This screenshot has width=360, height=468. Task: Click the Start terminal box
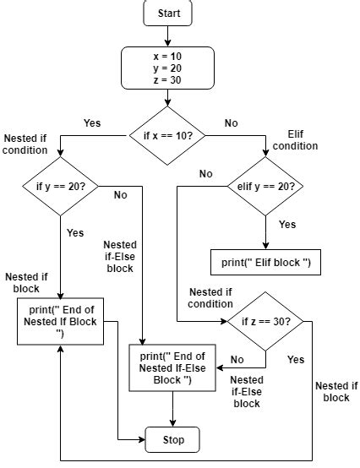coord(169,14)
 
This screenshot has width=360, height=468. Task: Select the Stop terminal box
coord(172,439)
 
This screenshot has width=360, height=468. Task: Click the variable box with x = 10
coord(169,68)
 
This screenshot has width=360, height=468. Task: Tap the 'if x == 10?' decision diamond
coord(169,134)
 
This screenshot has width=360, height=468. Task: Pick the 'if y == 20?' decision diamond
coord(62,186)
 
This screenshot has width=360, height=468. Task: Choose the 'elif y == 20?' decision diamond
coord(266,186)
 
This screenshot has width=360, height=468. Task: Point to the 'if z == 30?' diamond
coord(266,322)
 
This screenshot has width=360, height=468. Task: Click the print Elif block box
coord(266,263)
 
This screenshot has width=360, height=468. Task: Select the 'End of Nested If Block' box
coord(60,322)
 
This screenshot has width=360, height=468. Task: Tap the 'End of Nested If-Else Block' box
coord(172,368)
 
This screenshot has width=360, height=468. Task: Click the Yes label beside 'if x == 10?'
coord(92,123)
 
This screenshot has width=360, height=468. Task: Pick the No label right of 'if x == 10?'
coord(231,123)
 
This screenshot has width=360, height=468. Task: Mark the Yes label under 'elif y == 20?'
coord(287,225)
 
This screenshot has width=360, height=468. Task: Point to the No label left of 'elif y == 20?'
coord(205,174)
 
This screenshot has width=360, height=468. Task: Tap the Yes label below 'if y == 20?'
coord(75,231)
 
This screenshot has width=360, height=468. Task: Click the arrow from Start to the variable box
coord(169,36)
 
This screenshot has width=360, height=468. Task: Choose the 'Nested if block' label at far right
coord(336,391)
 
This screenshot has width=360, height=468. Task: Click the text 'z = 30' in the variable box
coord(169,80)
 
